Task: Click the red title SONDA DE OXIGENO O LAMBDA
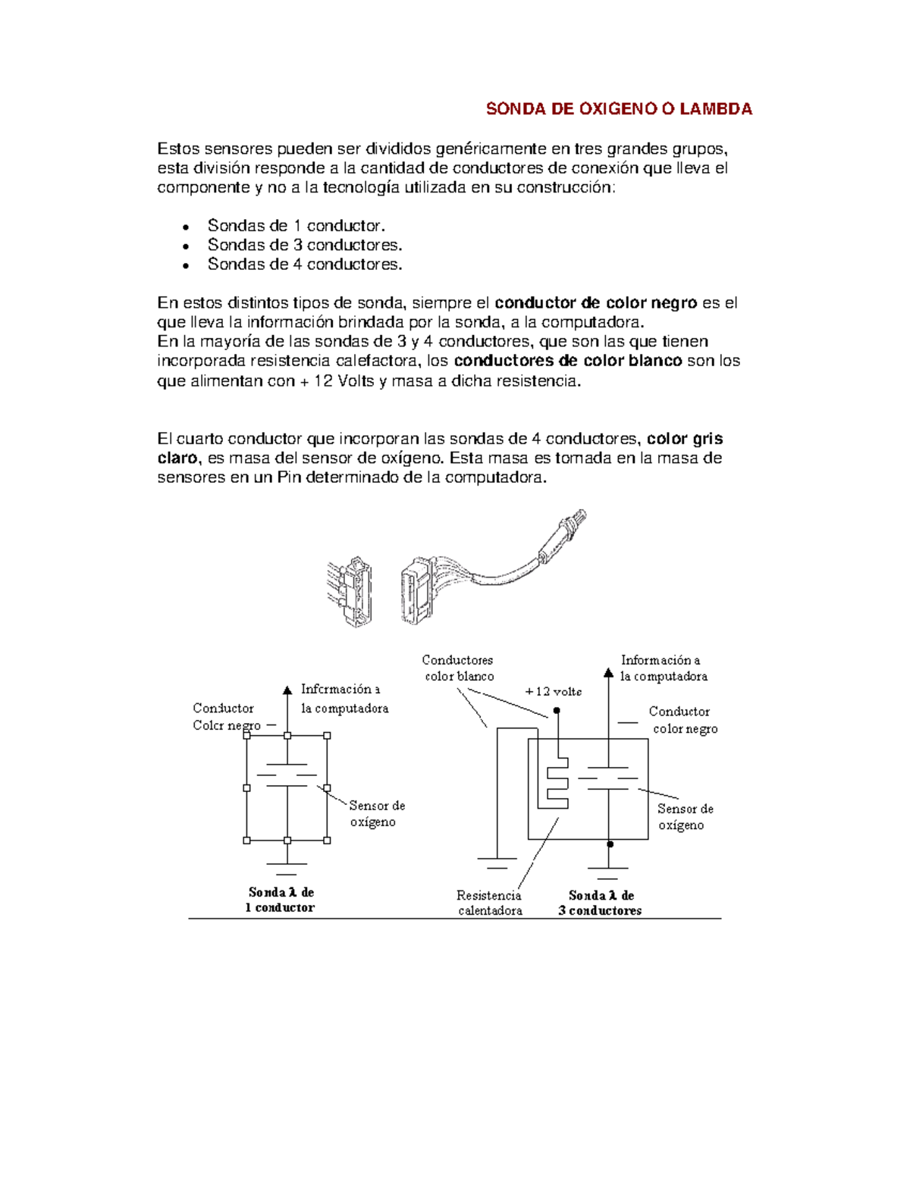click(x=619, y=109)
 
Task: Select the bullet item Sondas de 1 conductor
click(x=296, y=226)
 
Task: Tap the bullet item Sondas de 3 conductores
click(x=305, y=245)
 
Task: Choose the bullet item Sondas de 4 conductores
click(x=305, y=265)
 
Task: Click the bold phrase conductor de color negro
click(x=595, y=303)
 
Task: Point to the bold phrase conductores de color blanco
click(x=567, y=361)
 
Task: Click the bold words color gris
click(x=685, y=439)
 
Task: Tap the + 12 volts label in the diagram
click(x=554, y=691)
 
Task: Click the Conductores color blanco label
click(x=458, y=668)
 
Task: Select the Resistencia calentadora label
click(x=489, y=903)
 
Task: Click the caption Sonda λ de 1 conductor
click(x=280, y=900)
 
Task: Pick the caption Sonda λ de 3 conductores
click(x=600, y=903)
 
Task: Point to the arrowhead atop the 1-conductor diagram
click(x=287, y=690)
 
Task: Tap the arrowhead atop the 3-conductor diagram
click(x=608, y=672)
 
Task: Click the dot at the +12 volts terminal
click(x=557, y=711)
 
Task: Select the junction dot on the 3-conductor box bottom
click(x=610, y=844)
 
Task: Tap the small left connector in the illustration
click(x=350, y=591)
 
